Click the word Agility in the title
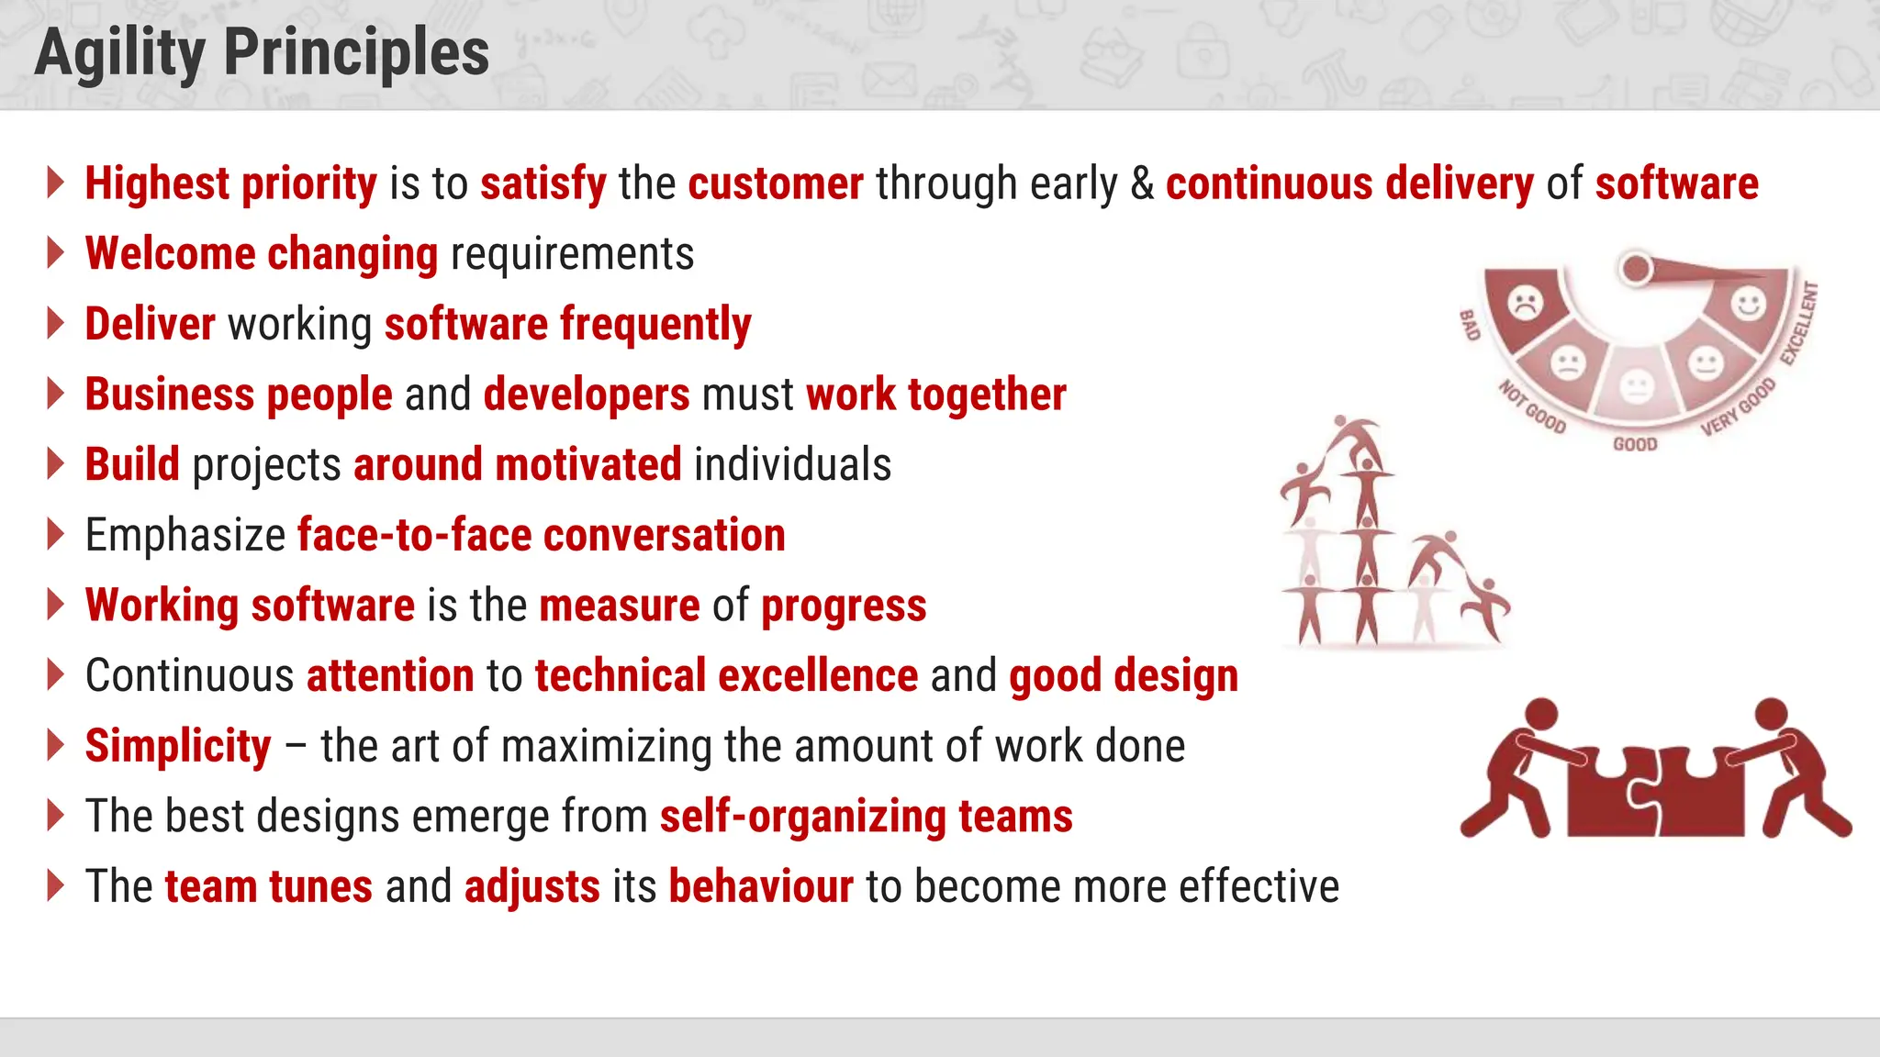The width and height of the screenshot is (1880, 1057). click(x=119, y=53)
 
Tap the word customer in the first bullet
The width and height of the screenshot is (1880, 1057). click(x=776, y=184)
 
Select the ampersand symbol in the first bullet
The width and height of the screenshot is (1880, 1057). click(x=1142, y=184)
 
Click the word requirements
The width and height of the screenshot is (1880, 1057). click(x=572, y=254)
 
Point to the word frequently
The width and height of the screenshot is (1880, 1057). click(x=655, y=325)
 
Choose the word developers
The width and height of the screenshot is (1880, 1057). click(x=587, y=395)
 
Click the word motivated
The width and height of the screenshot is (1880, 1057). click(x=587, y=464)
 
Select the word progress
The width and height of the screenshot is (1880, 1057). click(x=844, y=606)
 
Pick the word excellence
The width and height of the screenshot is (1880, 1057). click(x=818, y=676)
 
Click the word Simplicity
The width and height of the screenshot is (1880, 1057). click(x=178, y=746)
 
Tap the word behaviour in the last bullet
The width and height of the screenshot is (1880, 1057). click(x=761, y=887)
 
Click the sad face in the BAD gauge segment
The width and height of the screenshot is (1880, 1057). click(x=1526, y=302)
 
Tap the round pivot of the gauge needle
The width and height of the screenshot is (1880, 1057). click(x=1636, y=268)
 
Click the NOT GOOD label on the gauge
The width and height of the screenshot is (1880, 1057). click(x=1532, y=406)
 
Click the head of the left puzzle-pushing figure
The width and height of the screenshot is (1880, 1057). click(x=1541, y=715)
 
